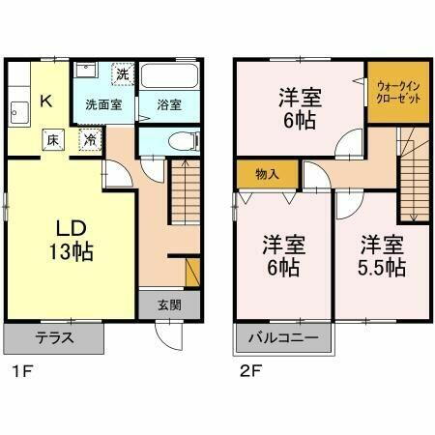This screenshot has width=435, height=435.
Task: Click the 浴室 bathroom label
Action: pos(169,104)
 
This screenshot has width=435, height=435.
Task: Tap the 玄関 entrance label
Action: pos(170,304)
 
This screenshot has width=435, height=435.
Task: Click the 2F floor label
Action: pos(246,369)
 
